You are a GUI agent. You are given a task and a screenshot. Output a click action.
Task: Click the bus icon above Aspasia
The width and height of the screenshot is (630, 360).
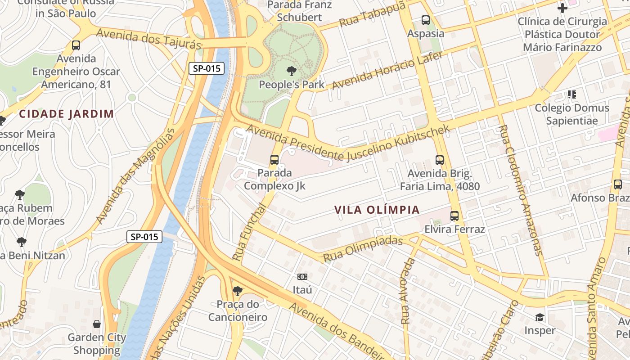425,20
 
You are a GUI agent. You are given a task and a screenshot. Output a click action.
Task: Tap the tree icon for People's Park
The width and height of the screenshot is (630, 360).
291,71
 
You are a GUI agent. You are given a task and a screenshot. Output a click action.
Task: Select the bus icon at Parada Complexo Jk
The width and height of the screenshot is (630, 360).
274,159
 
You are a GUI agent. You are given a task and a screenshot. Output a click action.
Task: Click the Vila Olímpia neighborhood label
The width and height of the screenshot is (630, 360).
377,210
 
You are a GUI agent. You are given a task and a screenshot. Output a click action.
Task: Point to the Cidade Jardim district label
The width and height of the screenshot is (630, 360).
67,114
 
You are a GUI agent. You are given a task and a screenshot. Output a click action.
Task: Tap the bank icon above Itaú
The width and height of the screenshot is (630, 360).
302,276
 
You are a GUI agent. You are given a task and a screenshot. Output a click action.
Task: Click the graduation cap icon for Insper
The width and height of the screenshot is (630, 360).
540,318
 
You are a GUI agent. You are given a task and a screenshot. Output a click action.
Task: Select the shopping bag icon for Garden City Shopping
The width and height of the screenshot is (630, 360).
97,324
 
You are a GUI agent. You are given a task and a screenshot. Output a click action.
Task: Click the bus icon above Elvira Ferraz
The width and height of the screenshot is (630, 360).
454,216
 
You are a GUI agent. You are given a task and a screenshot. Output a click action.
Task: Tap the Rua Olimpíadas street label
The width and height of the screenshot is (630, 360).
363,249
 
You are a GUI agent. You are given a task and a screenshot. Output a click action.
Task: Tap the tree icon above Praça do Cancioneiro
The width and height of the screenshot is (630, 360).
237,291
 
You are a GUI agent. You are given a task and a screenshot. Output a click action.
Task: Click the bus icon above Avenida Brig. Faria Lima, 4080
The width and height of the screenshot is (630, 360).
440,160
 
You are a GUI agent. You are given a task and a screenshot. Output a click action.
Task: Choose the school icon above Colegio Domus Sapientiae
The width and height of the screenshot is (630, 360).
571,94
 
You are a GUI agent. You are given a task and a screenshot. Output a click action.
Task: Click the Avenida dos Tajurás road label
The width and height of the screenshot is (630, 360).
148,39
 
